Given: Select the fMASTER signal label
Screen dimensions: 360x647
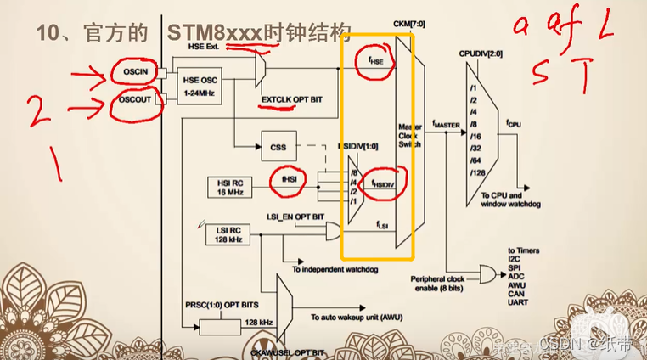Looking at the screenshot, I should (x=446, y=125).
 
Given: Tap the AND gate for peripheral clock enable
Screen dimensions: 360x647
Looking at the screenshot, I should (x=489, y=273).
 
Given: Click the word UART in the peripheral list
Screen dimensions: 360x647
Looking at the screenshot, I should (x=519, y=301).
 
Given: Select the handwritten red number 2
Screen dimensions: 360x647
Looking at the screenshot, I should (x=35, y=110).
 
